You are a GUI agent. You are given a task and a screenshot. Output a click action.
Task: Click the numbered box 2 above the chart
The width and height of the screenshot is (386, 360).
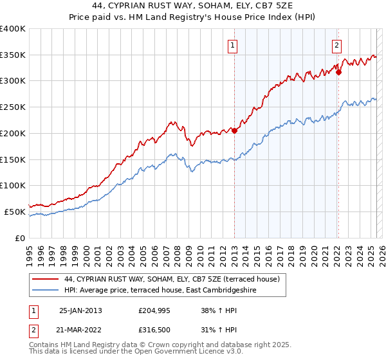pos(336,45)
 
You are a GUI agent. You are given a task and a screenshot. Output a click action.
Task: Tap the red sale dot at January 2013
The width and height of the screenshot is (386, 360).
pos(234,130)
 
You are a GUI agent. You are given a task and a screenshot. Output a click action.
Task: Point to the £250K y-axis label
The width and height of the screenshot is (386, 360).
pos(13,107)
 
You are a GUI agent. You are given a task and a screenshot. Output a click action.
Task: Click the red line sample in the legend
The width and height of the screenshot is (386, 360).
pos(45,280)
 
